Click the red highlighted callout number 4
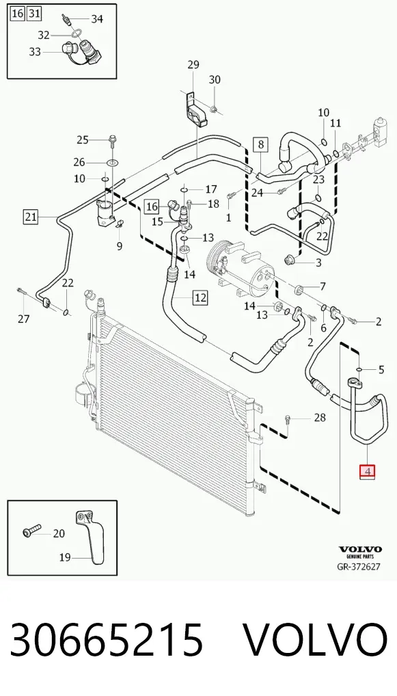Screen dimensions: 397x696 tap(368, 471)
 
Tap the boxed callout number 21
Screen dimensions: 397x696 tap(31, 217)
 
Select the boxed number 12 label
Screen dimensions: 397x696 tap(200, 297)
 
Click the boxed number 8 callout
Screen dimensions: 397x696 tap(261, 144)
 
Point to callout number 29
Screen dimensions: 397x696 tap(193, 65)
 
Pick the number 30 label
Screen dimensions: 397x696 tap(215, 80)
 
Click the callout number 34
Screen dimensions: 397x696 tap(97, 18)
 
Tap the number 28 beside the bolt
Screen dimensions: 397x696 tap(319, 417)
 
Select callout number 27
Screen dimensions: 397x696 tap(23, 319)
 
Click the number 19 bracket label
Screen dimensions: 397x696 tap(65, 557)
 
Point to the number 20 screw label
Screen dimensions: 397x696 tap(59, 533)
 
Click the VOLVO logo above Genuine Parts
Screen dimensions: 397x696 tap(359, 550)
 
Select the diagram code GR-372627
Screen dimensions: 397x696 tap(359, 566)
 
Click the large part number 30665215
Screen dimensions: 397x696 tap(107, 640)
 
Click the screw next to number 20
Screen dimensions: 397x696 tap(31, 531)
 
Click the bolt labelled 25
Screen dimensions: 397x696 tap(112, 140)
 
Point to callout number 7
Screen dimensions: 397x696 tap(323, 286)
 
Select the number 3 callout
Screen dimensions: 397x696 tap(318, 263)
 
